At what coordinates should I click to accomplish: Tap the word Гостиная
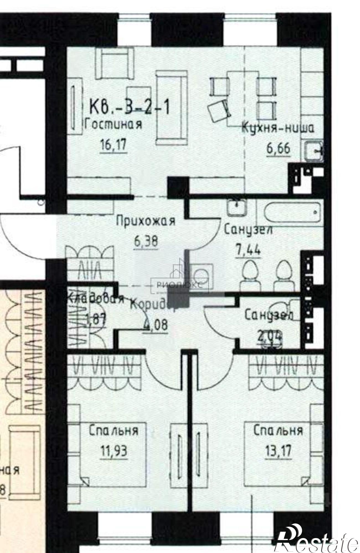point(113,125)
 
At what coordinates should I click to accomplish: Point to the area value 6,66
point(278,149)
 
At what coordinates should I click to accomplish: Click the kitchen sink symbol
point(314,151)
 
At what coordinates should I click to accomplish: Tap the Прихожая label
point(146,221)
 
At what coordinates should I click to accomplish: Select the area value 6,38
point(146,242)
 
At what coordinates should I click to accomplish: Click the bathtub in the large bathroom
point(292,213)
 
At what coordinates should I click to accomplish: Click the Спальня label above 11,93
point(113,431)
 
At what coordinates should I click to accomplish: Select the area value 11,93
point(114,451)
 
